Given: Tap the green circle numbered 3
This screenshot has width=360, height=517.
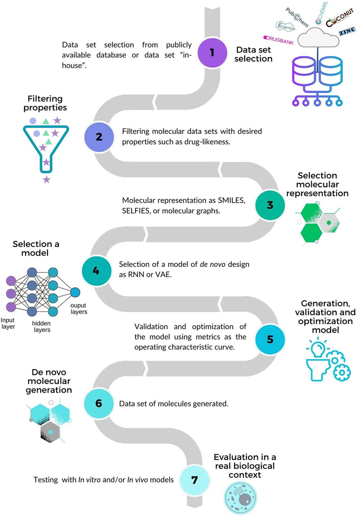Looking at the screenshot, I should point(270,205).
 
